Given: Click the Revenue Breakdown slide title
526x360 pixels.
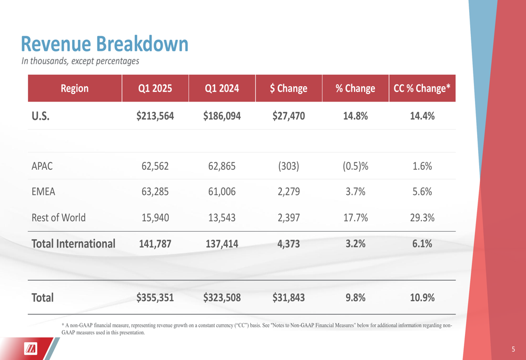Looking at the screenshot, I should point(104,44).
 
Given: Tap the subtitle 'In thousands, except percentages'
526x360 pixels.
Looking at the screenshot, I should point(80,61).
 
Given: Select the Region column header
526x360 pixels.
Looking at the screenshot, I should point(75,88).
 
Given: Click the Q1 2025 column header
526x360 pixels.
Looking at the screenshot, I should point(155,88).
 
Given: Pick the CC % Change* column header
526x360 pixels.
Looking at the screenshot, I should point(422,88).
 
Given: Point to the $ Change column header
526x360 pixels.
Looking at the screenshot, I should point(288,88).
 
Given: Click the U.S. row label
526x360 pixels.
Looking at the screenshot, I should point(41,116).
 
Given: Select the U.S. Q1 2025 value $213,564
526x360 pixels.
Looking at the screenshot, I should point(155,116).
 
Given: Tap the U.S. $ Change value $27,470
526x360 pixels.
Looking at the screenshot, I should point(288,116).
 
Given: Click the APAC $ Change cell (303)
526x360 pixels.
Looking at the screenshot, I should point(288,166).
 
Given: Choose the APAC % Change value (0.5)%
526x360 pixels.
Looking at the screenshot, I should point(355,166).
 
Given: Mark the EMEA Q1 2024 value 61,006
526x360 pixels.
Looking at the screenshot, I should point(222,192).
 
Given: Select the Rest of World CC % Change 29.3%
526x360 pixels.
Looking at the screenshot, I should point(422,218).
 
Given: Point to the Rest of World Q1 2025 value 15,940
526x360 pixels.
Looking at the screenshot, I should point(155,218).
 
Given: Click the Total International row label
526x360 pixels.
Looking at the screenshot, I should point(73,244).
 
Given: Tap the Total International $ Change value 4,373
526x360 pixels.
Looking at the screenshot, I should point(288,244).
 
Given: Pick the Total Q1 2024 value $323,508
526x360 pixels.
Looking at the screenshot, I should point(222,298).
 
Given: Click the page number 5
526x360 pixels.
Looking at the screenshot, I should point(513,349).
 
